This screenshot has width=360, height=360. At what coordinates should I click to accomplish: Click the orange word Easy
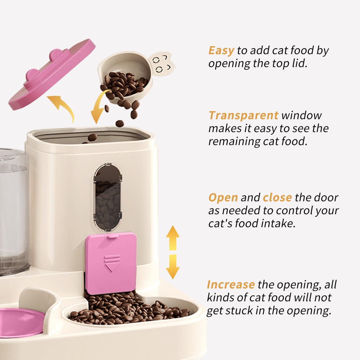pyautogui.click(x=221, y=50)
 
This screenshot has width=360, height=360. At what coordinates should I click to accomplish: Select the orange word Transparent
pyautogui.click(x=243, y=116)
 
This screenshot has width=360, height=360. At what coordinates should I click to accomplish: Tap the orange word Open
pyautogui.click(x=223, y=198)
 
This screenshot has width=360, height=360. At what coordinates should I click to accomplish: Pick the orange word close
pyautogui.click(x=277, y=198)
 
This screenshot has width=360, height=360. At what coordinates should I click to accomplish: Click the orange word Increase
pyautogui.click(x=231, y=284)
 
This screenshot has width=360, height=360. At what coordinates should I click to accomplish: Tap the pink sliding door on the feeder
pyautogui.click(x=111, y=262)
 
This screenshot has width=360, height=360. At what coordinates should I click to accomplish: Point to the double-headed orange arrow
pyautogui.click(x=173, y=252)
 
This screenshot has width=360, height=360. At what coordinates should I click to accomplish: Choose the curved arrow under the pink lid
pyautogui.click(x=62, y=107)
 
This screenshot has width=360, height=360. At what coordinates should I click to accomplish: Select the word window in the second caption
pyautogui.click(x=301, y=116)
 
